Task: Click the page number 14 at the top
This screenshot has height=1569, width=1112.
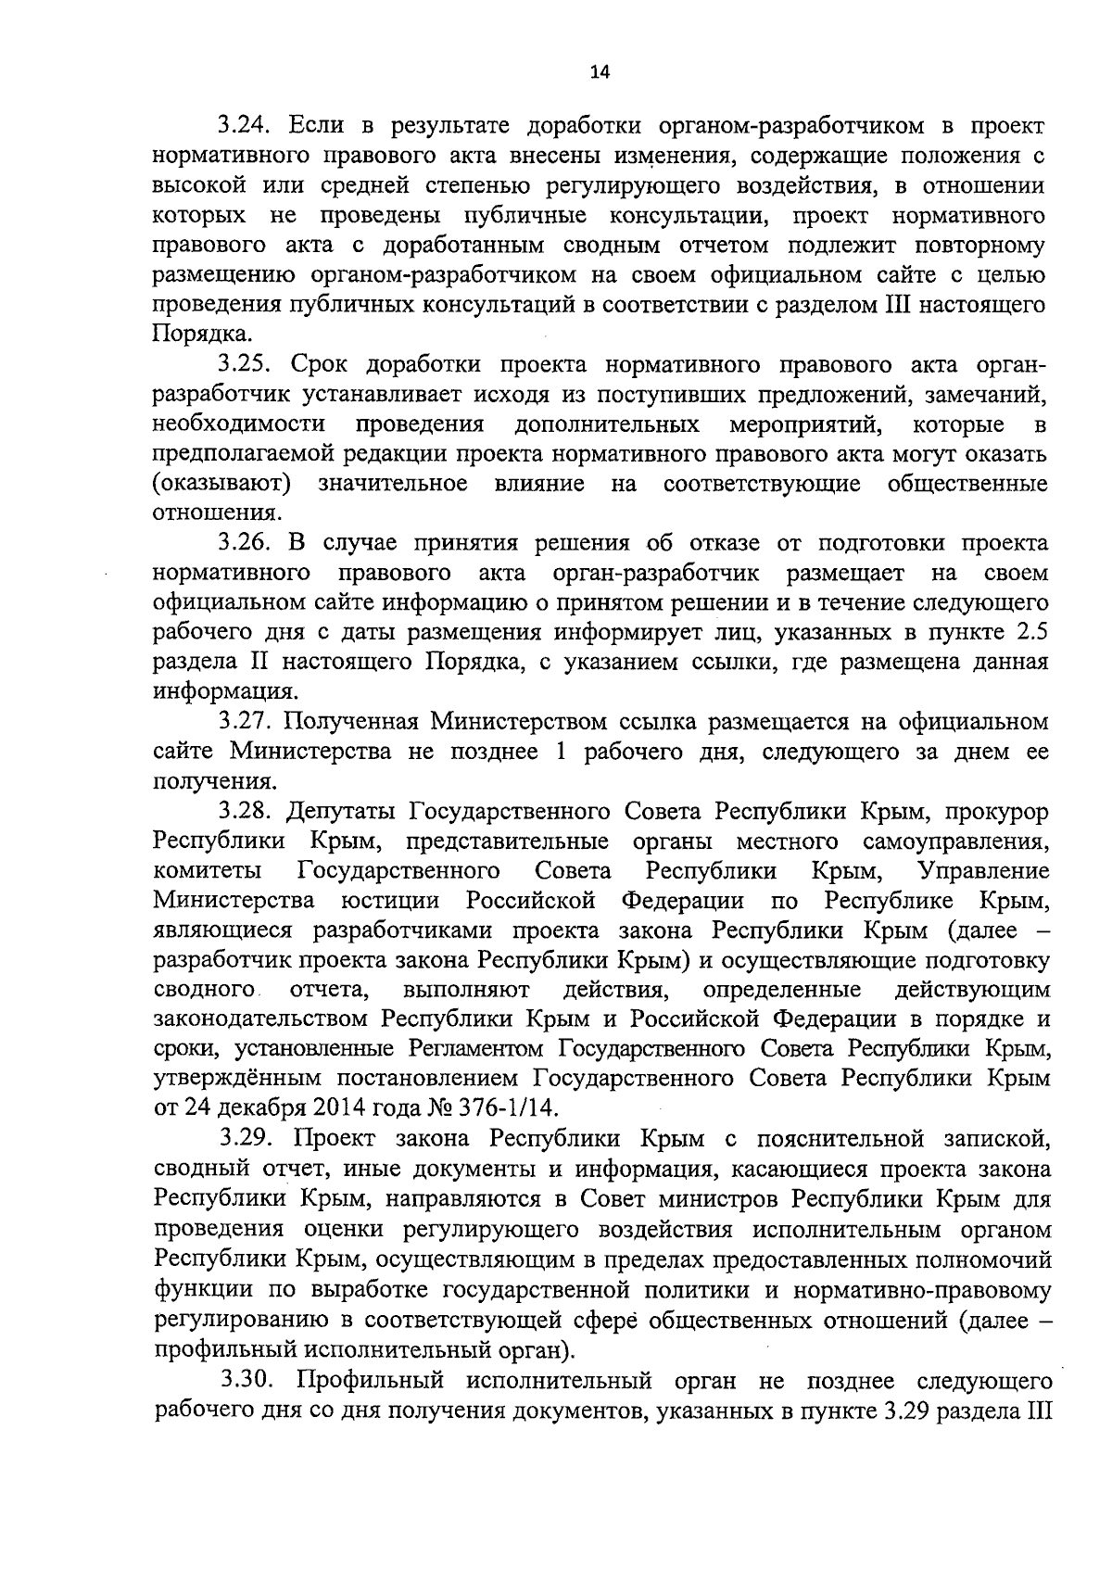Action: click(x=600, y=74)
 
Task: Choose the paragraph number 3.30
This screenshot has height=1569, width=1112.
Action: click(x=246, y=1379)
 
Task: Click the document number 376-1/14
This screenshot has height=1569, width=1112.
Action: click(x=514, y=1108)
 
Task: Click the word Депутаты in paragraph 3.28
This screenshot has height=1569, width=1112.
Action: click(x=344, y=811)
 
